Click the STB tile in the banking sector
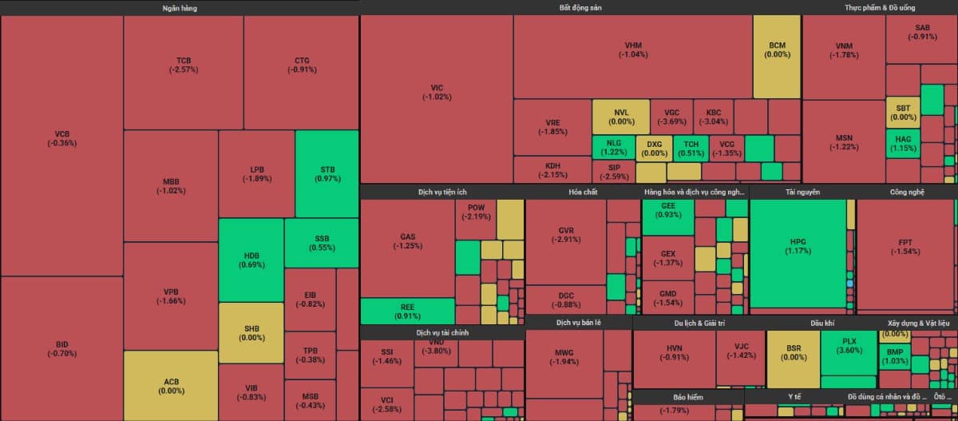point(327,173)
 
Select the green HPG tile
point(798,245)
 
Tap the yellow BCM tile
point(777,50)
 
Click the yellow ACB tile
point(171,386)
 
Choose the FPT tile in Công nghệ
point(905,246)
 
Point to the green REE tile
point(407,311)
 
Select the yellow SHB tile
point(251,332)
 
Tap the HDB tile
point(251,260)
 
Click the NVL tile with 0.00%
point(620,117)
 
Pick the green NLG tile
point(613,147)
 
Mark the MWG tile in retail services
point(564,357)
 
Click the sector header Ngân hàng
point(179,8)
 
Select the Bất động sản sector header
point(580,8)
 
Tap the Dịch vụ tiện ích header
point(441,193)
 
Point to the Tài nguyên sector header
point(802,193)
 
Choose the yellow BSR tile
point(793,353)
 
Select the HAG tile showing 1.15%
point(903,143)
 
